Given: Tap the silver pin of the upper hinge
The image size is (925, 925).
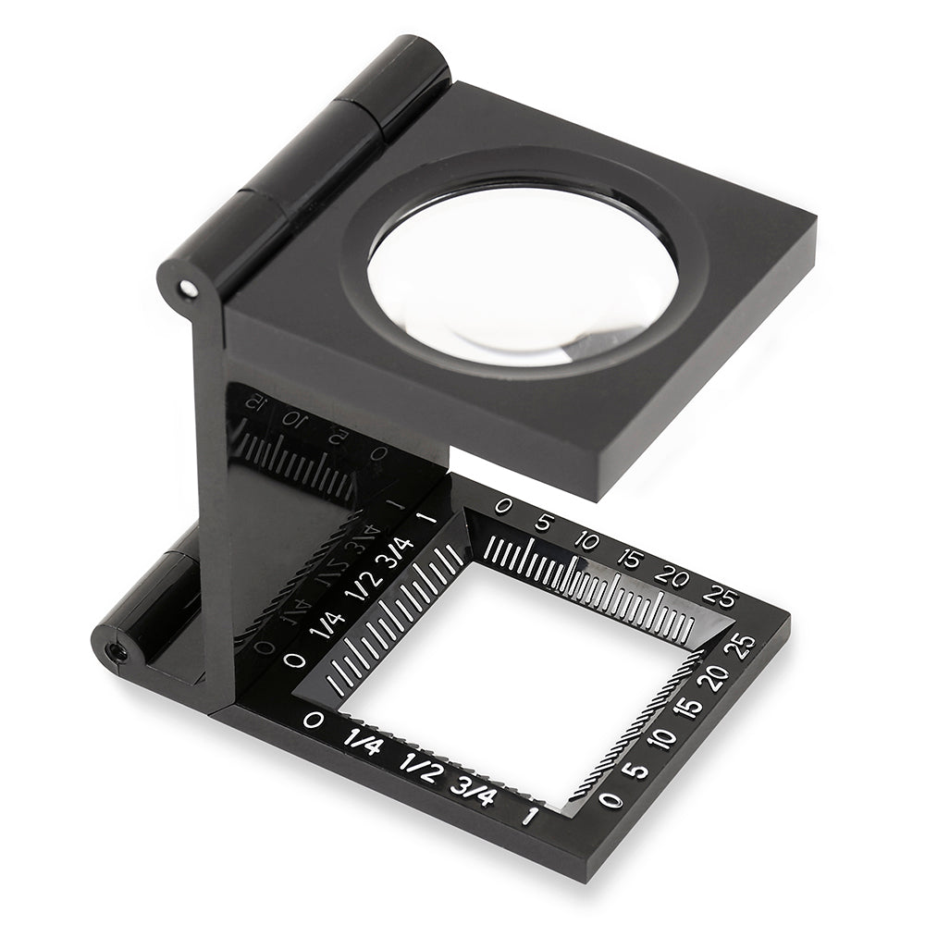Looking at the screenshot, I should [189, 290].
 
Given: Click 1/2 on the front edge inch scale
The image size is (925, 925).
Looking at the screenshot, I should [420, 768].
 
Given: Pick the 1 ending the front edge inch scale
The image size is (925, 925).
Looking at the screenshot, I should [529, 815].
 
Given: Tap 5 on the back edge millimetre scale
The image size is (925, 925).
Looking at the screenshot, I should [543, 524].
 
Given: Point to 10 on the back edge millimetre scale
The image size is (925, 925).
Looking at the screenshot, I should [586, 540].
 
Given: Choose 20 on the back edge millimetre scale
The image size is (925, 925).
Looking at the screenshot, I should [672, 575].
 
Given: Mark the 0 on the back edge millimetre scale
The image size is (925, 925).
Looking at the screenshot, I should [503, 506].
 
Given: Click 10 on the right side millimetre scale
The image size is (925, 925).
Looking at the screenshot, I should [660, 741].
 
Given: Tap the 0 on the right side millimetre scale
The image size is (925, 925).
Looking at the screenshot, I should [610, 799].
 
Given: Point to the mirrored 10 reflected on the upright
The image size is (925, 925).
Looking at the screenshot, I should [293, 419].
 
